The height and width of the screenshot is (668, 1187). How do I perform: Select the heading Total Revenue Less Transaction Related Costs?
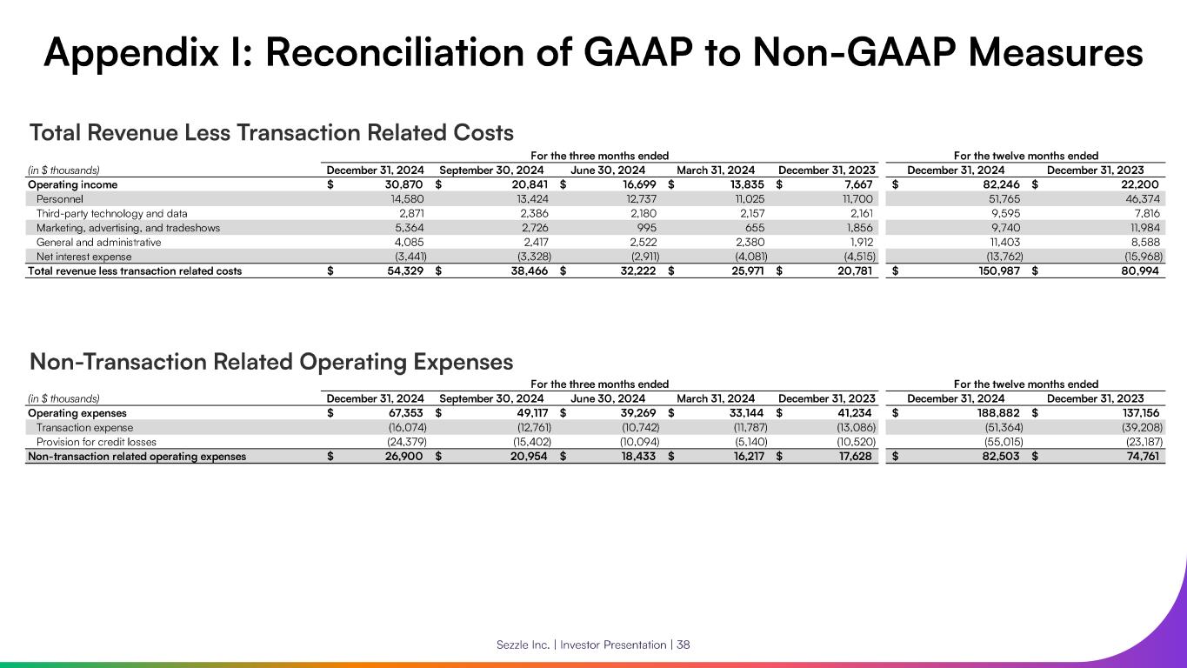pos(271,133)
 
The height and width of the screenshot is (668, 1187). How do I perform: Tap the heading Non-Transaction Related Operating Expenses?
pos(271,361)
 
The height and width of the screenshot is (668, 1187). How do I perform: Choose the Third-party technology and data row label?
pos(112,213)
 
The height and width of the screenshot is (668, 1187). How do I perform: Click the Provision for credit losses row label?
pos(96,442)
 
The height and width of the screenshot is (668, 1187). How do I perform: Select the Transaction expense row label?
pos(85,427)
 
